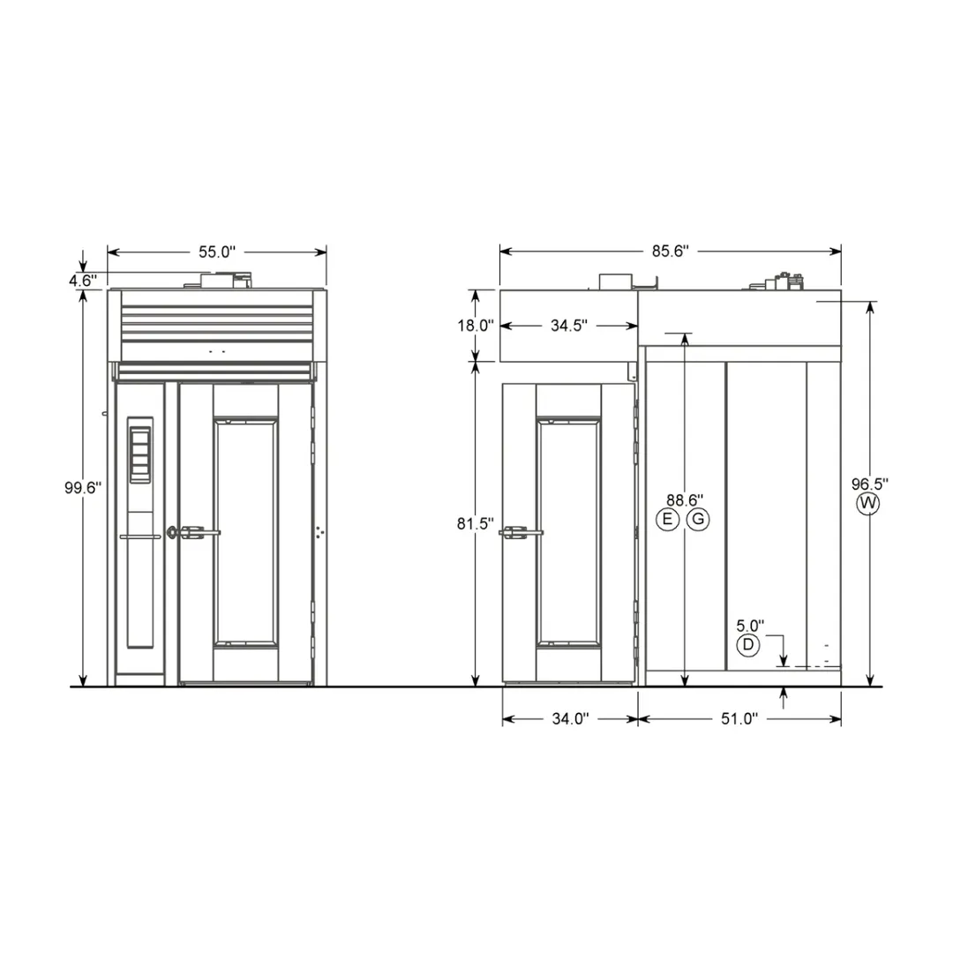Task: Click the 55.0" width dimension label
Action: click(217, 251)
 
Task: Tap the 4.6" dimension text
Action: click(83, 281)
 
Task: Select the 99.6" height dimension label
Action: click(83, 487)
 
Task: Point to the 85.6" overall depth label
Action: click(671, 251)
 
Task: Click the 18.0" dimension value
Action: click(476, 325)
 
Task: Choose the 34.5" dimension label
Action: click(569, 325)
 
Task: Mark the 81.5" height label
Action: click(476, 523)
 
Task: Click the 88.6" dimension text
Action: click(685, 500)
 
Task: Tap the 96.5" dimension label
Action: click(870, 484)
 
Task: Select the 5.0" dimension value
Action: click(750, 626)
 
